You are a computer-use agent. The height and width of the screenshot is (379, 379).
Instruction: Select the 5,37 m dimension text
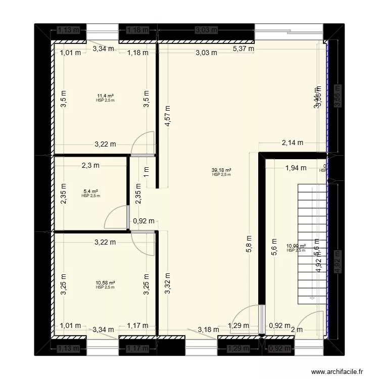(x=243, y=49)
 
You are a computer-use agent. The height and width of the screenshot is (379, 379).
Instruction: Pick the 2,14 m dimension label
(x=293, y=143)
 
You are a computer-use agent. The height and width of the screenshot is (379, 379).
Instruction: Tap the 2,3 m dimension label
(x=91, y=165)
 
